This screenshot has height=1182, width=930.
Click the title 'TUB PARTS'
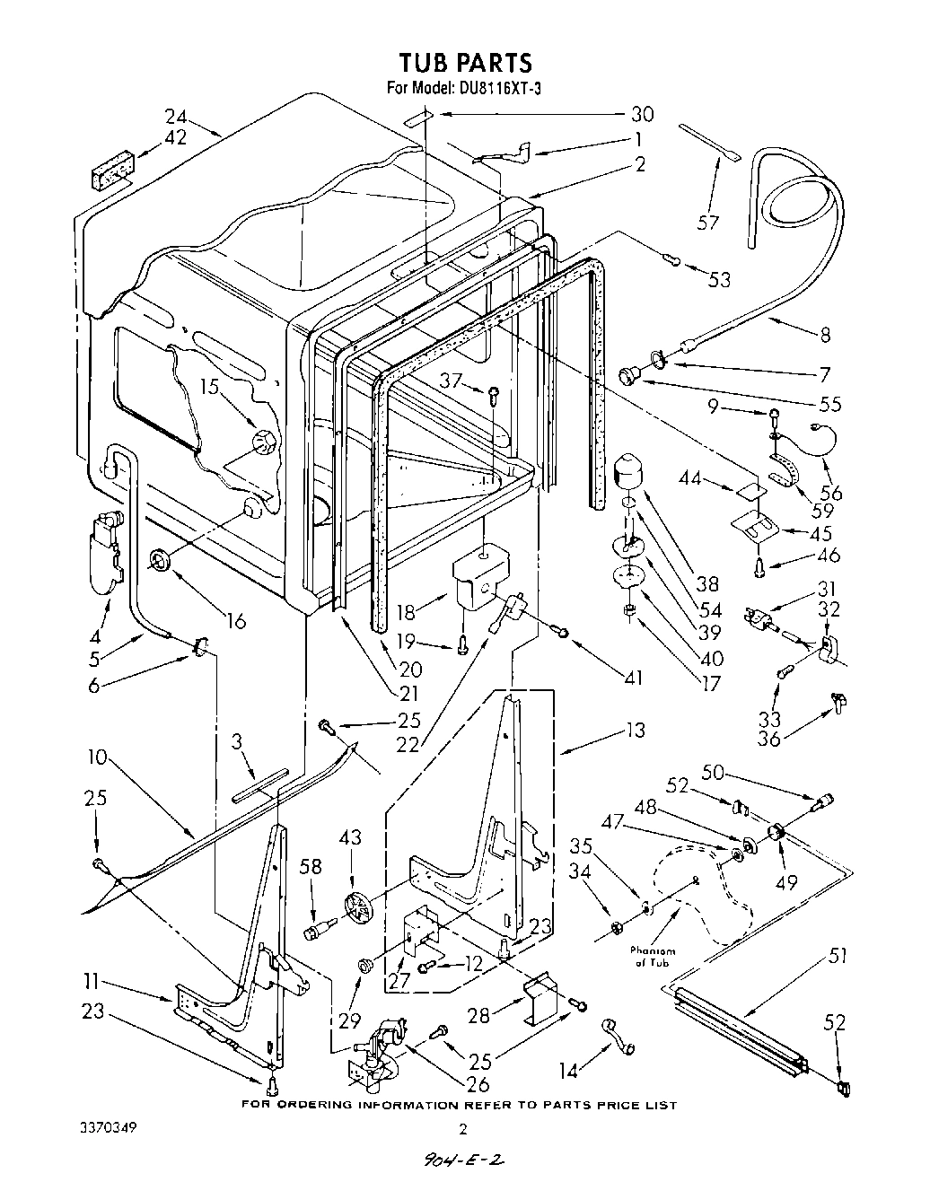click(x=465, y=62)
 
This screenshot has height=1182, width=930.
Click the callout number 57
click(x=708, y=222)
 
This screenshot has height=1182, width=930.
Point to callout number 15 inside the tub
click(x=209, y=388)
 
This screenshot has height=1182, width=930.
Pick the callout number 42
click(x=175, y=137)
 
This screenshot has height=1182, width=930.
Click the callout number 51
click(x=838, y=956)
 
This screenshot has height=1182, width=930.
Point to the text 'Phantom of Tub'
click(x=653, y=957)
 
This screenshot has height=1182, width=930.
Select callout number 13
click(x=634, y=731)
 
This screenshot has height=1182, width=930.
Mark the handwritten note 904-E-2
click(x=463, y=1161)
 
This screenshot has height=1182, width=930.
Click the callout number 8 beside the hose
click(x=825, y=337)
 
